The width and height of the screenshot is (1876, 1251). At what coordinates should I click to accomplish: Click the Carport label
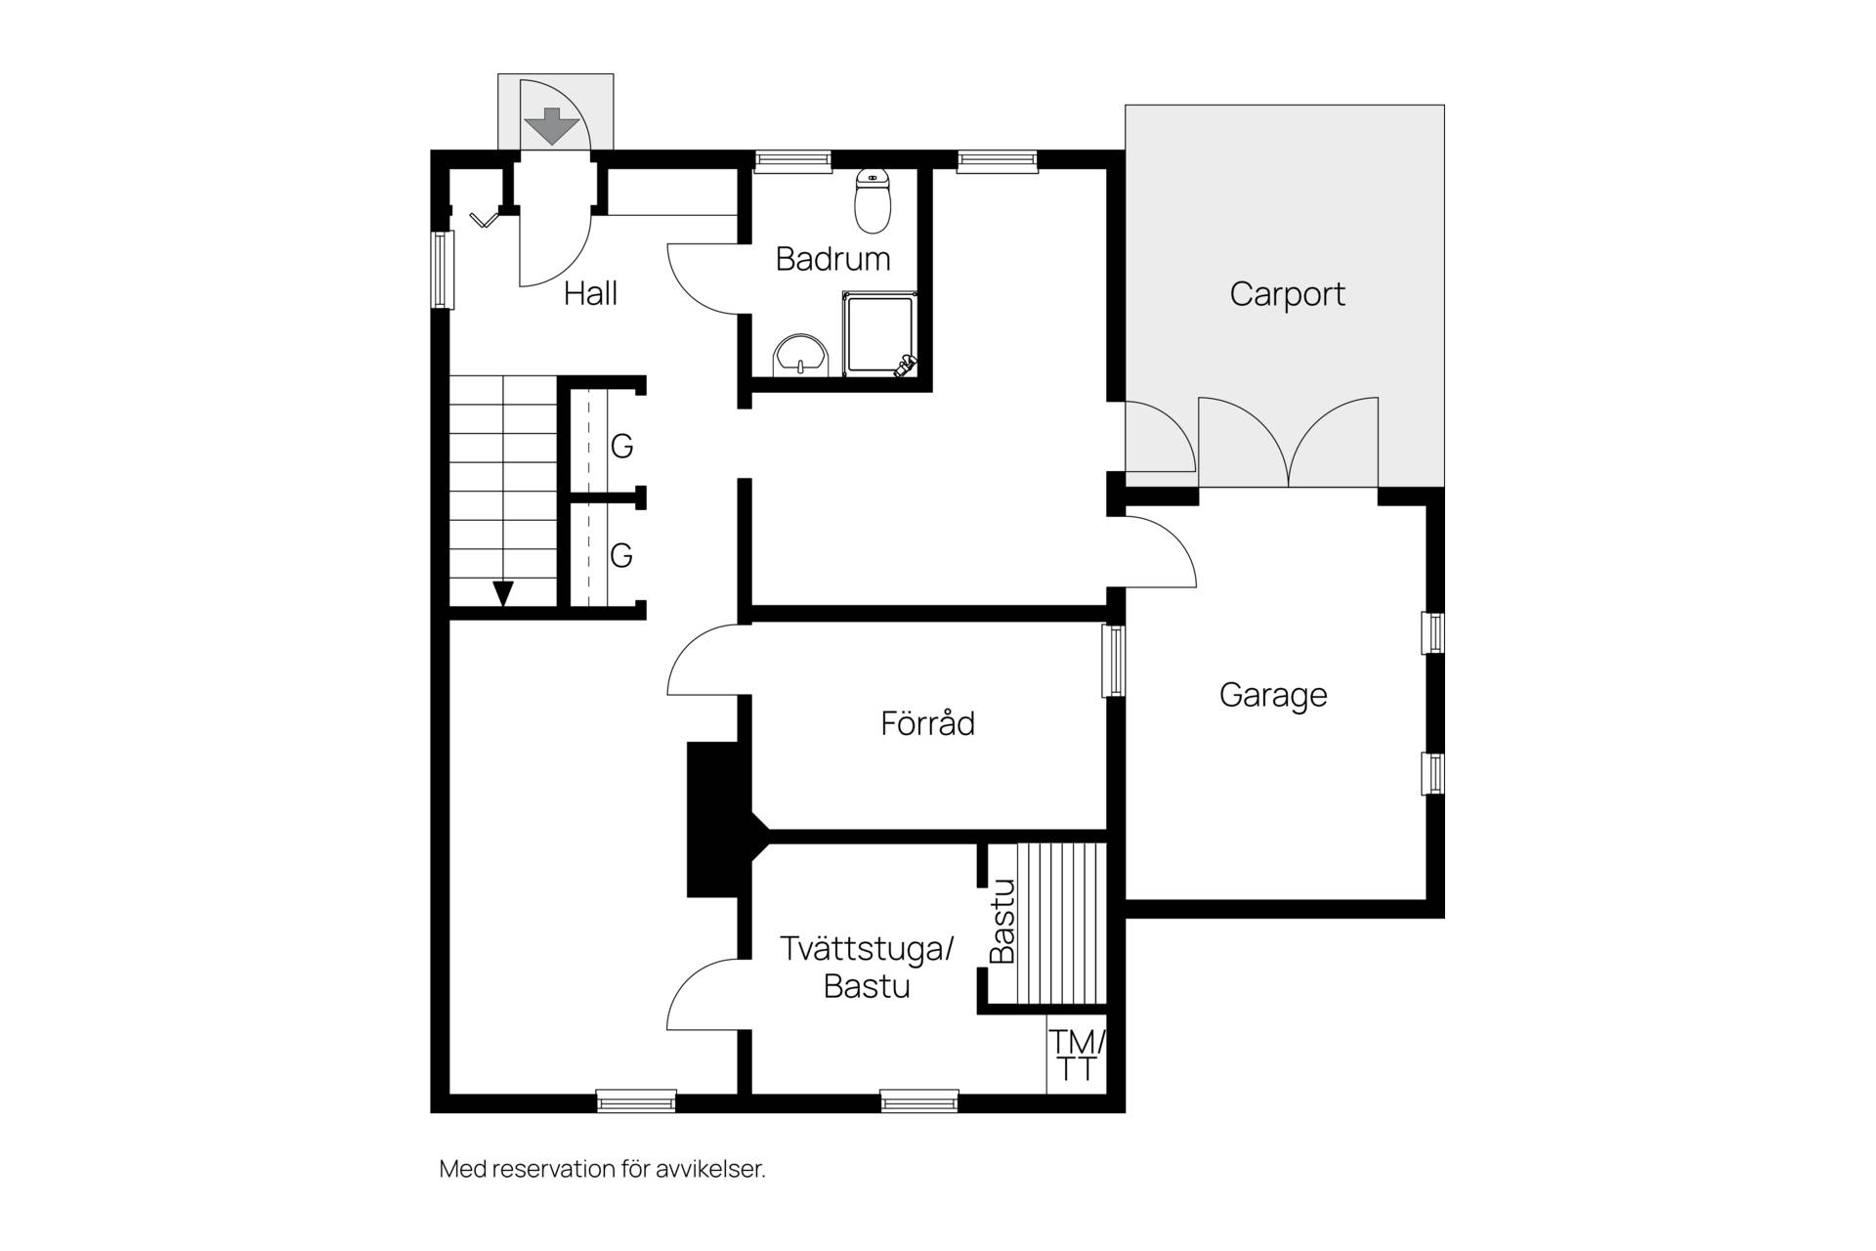[1287, 294]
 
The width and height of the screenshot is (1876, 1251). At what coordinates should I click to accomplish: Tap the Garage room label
[1273, 695]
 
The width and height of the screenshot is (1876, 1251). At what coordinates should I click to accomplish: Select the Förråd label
[927, 722]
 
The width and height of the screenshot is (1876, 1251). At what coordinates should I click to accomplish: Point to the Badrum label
[832, 259]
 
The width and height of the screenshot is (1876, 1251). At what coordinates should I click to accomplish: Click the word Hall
[590, 293]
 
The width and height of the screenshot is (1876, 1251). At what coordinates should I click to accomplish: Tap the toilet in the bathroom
[873, 200]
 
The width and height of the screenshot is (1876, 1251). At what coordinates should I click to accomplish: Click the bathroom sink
[800, 355]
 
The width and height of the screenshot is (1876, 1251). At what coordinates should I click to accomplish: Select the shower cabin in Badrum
[880, 333]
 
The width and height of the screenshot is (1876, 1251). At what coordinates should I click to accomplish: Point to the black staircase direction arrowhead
[503, 593]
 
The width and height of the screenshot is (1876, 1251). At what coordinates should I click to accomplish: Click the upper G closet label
[621, 447]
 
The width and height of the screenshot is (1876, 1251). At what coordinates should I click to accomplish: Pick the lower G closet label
[621, 556]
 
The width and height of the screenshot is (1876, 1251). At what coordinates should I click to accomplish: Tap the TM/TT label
[1078, 1055]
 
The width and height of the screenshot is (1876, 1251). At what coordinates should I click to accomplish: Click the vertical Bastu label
[1002, 921]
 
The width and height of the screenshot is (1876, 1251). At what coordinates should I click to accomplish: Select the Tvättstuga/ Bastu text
[866, 967]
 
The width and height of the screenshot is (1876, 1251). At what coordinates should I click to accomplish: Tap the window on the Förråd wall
[1114, 661]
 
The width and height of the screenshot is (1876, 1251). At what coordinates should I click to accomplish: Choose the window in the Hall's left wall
[443, 270]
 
